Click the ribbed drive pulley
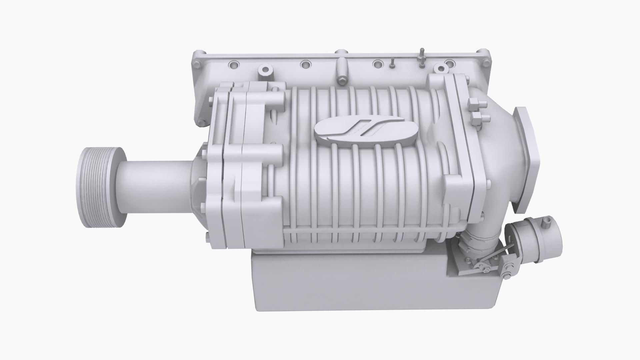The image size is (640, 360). coord(100,188)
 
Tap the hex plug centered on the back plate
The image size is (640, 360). coord(341,80)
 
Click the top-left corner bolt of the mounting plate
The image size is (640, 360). coord(197,63)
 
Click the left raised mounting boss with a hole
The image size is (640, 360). coord(265,70)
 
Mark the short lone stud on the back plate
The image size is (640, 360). coord(393,63)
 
